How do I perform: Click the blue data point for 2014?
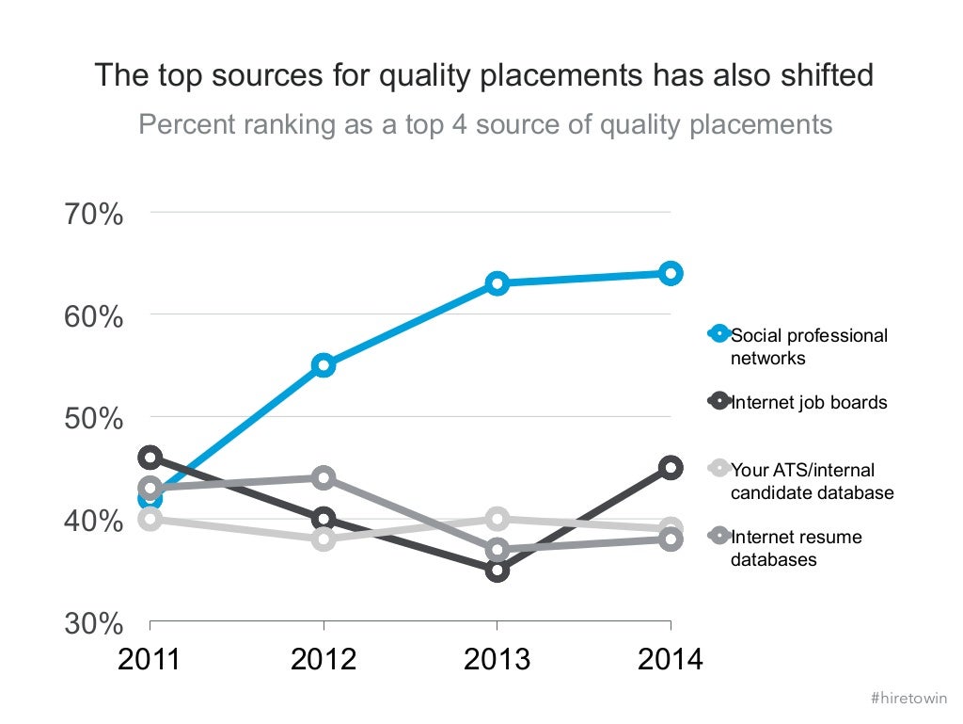[x=670, y=273]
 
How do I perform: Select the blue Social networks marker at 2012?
[x=324, y=365]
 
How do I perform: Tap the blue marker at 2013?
[x=497, y=283]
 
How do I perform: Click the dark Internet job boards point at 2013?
[x=497, y=570]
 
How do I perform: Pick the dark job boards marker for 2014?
[x=670, y=467]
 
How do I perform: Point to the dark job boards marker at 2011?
[x=150, y=458]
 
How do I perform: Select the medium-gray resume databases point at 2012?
[x=324, y=477]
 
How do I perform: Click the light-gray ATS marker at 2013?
[x=497, y=518]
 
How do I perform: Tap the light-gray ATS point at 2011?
[x=150, y=519]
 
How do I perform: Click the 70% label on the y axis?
[x=94, y=214]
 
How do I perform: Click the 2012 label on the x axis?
[x=324, y=659]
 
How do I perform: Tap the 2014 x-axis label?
[x=670, y=659]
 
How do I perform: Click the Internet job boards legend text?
[x=808, y=402]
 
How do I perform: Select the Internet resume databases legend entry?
[x=796, y=548]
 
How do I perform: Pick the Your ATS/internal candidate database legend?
[x=812, y=481]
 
